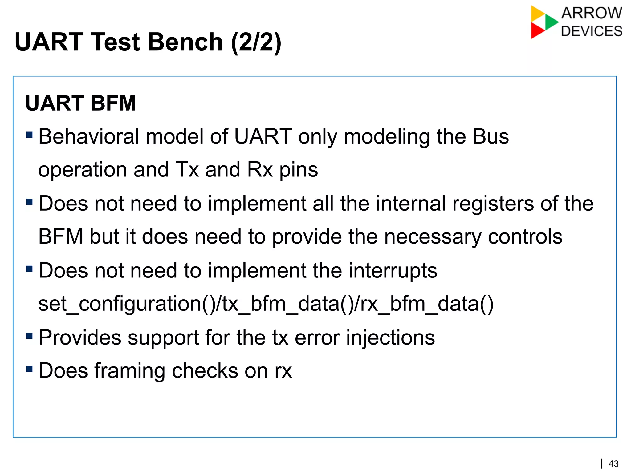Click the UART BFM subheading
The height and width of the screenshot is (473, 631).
81,103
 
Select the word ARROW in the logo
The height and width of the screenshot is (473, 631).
592,13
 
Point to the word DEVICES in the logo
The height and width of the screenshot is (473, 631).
592,31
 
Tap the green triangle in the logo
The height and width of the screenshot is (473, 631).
551,22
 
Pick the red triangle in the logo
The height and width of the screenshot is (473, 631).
537,30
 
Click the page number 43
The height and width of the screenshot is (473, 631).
614,464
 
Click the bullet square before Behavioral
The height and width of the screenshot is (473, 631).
30,135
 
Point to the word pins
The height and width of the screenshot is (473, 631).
298,170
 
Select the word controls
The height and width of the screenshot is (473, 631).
525,237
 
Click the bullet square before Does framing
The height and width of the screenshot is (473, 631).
30,369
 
